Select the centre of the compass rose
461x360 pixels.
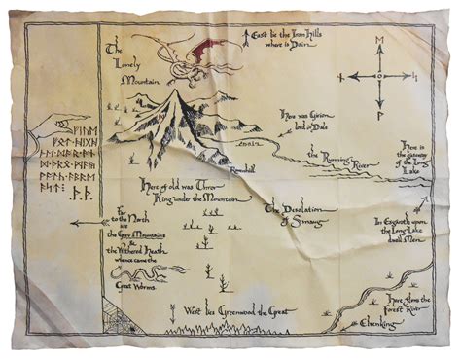(380, 75)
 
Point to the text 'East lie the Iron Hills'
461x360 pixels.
(292, 39)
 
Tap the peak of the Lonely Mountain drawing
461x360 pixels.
(183, 90)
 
